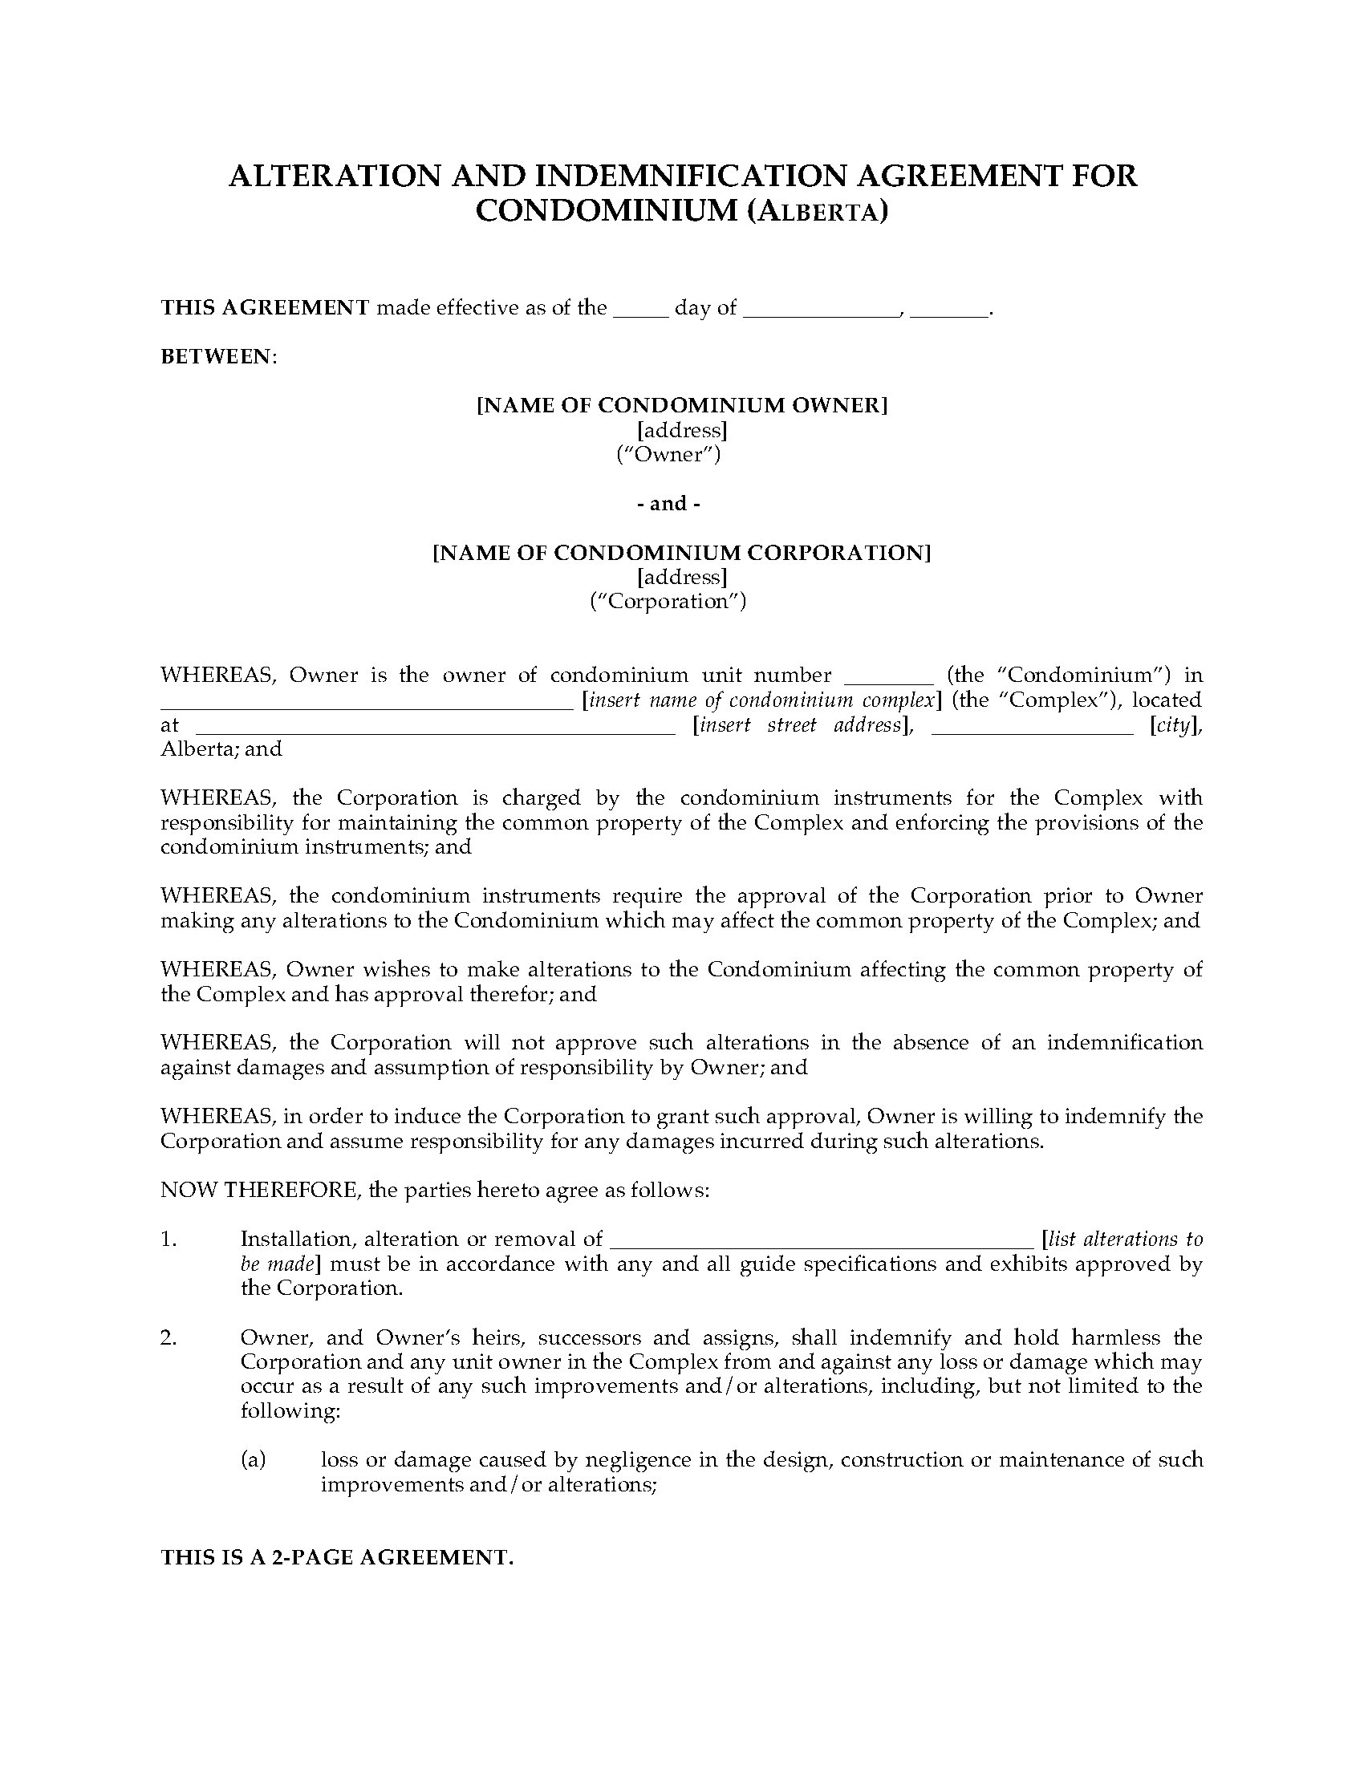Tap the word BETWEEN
217,356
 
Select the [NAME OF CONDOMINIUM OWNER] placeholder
682,406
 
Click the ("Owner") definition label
668,454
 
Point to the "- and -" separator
668,504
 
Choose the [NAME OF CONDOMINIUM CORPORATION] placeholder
682,553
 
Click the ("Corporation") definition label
668,601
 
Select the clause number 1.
168,1239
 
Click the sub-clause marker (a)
253,1459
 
